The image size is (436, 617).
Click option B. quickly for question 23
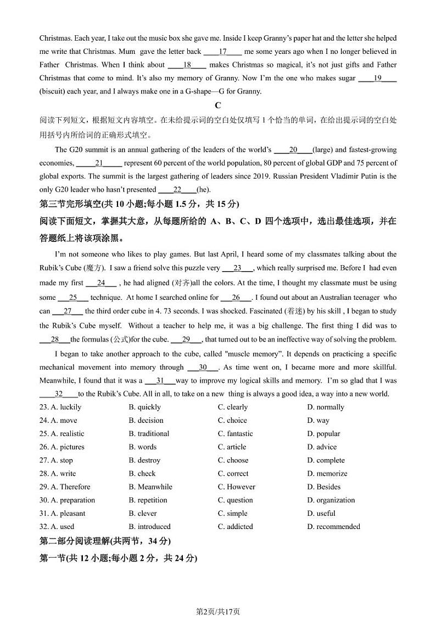pyautogui.click(x=145, y=407)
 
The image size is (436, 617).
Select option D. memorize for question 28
pyautogui.click(x=327, y=473)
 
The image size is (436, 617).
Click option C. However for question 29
pyautogui.click(x=236, y=487)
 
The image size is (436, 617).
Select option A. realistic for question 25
pyautogui.click(x=63, y=433)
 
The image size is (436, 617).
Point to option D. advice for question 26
pyautogui.click(x=322, y=447)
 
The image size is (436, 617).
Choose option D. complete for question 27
pyautogui.click(x=326, y=460)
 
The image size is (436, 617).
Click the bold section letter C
pyautogui.click(x=218, y=105)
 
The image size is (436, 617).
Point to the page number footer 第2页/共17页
pyautogui.click(x=218, y=596)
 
